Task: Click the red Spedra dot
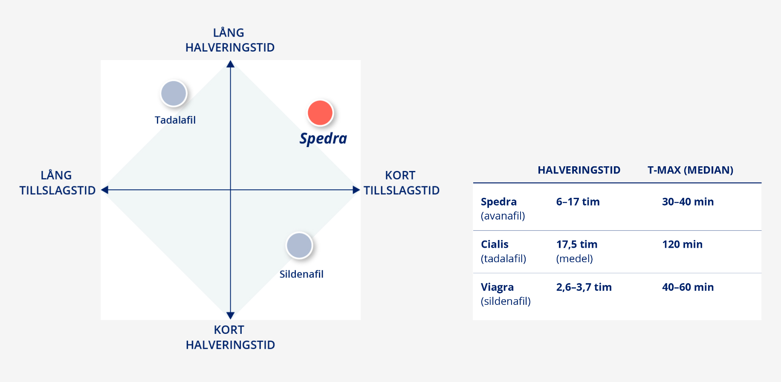[x=320, y=113]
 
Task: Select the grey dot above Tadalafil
[x=174, y=93]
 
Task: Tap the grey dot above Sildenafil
[x=299, y=246]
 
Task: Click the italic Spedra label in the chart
[x=323, y=139]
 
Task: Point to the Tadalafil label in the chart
[x=175, y=120]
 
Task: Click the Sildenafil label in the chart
[x=301, y=274]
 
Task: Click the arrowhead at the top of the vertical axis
[x=231, y=64]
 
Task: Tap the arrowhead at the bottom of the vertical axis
[x=231, y=315]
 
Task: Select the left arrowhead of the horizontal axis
[x=105, y=190]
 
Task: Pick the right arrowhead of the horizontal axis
[x=356, y=190]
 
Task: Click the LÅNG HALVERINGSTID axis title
[x=230, y=40]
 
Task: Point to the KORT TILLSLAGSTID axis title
[x=401, y=183]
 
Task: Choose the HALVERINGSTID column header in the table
[x=579, y=170]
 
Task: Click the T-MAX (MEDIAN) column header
[x=690, y=170]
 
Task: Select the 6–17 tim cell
[x=578, y=202]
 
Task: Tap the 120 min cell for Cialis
[x=682, y=244]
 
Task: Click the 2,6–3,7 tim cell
[x=584, y=287]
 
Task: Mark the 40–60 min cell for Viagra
[x=688, y=287]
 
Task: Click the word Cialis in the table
[x=495, y=244]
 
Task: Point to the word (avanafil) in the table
[x=503, y=216]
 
